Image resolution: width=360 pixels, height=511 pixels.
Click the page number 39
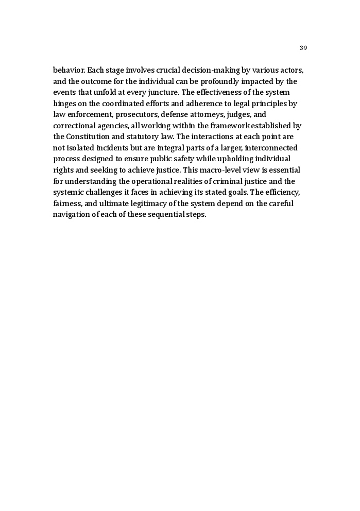(x=303, y=48)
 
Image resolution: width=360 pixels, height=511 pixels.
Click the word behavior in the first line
(x=69, y=70)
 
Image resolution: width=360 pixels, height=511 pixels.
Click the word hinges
(x=64, y=104)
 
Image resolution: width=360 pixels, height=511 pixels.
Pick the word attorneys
(x=210, y=114)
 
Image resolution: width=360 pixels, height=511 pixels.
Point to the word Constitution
(x=92, y=137)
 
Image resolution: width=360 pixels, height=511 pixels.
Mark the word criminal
(x=221, y=181)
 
